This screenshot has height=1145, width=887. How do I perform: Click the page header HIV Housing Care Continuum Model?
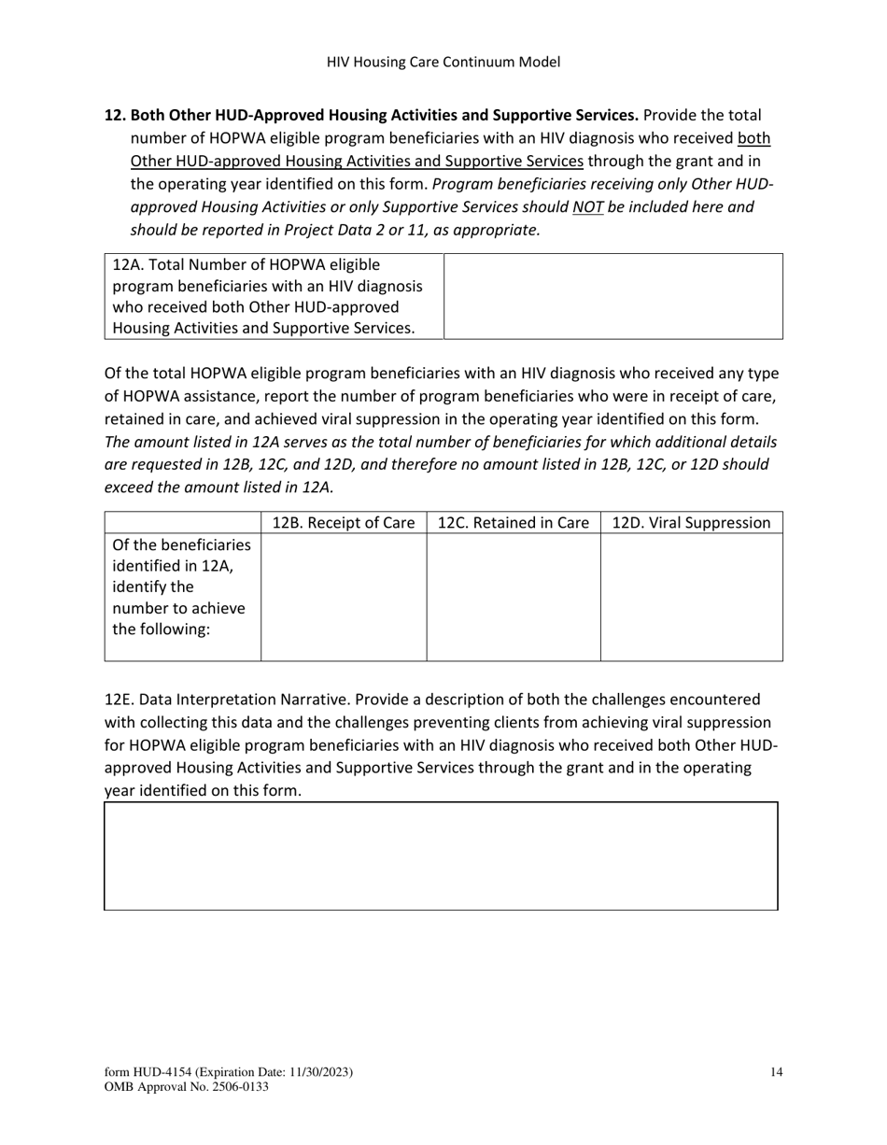(x=443, y=63)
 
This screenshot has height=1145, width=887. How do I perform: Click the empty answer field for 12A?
(x=612, y=296)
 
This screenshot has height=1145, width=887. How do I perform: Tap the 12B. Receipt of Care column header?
(x=343, y=523)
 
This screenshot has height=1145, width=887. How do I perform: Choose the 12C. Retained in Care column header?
(x=513, y=523)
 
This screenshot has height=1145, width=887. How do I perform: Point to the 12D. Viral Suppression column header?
(x=691, y=523)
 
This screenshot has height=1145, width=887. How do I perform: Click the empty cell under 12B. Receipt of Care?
(x=343, y=597)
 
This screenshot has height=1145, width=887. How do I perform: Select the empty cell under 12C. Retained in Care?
(x=513, y=597)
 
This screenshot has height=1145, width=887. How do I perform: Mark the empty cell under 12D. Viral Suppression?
(x=691, y=597)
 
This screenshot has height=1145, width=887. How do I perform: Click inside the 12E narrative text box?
(x=441, y=855)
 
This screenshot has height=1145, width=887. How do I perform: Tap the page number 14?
(x=776, y=1072)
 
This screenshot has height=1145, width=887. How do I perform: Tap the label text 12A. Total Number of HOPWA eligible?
(x=246, y=265)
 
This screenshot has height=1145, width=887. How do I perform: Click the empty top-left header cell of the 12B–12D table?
(x=182, y=523)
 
